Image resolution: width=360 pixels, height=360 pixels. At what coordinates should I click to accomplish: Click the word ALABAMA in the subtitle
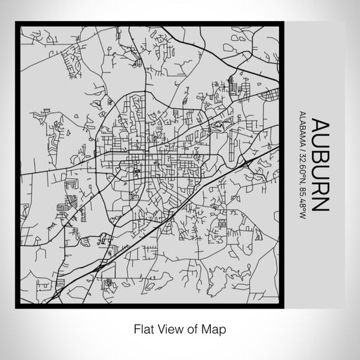(x=302, y=127)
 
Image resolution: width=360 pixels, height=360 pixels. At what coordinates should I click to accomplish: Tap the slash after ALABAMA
(x=302, y=147)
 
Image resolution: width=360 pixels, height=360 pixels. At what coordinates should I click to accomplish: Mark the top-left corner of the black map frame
(x=16, y=26)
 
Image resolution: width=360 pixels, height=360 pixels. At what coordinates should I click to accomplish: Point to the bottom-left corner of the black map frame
(x=16, y=307)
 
